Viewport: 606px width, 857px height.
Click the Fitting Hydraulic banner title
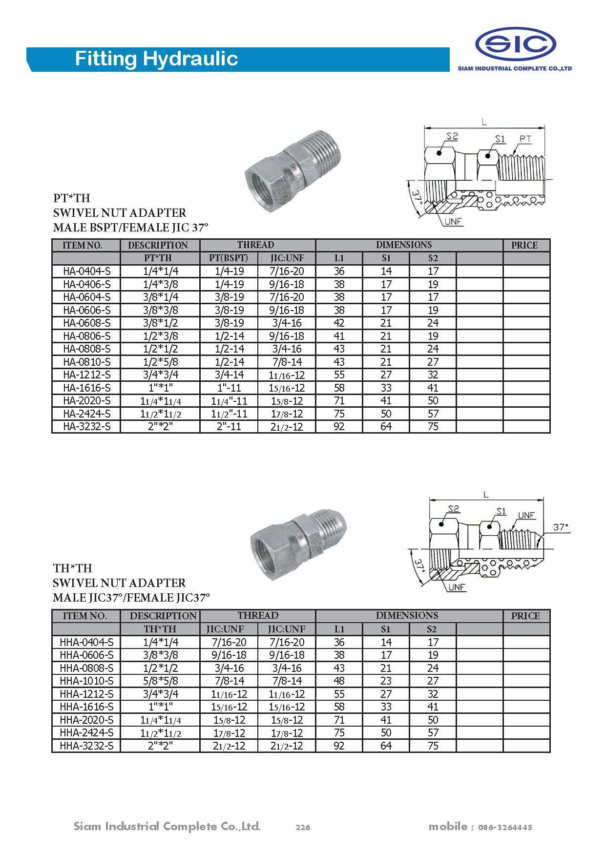(156, 59)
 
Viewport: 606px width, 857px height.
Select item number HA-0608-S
(87, 323)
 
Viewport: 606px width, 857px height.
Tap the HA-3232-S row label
(87, 427)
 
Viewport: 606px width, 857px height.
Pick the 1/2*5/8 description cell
(160, 362)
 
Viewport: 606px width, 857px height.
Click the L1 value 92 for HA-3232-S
(339, 427)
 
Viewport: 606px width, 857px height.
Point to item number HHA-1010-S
(86, 681)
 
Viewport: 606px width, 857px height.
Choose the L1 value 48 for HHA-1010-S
(339, 681)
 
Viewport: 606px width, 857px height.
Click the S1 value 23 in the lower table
(386, 681)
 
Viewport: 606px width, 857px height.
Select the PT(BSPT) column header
(229, 258)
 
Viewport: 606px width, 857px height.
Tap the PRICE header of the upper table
(524, 245)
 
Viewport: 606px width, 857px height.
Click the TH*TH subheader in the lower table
(160, 629)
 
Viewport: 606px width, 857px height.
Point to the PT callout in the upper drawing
(525, 139)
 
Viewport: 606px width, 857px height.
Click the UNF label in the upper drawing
(453, 222)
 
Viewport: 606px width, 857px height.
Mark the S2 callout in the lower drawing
(454, 509)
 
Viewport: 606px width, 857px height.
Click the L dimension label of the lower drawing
(486, 495)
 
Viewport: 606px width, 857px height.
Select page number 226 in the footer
(303, 827)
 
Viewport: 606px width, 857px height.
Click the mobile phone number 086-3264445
(505, 827)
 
